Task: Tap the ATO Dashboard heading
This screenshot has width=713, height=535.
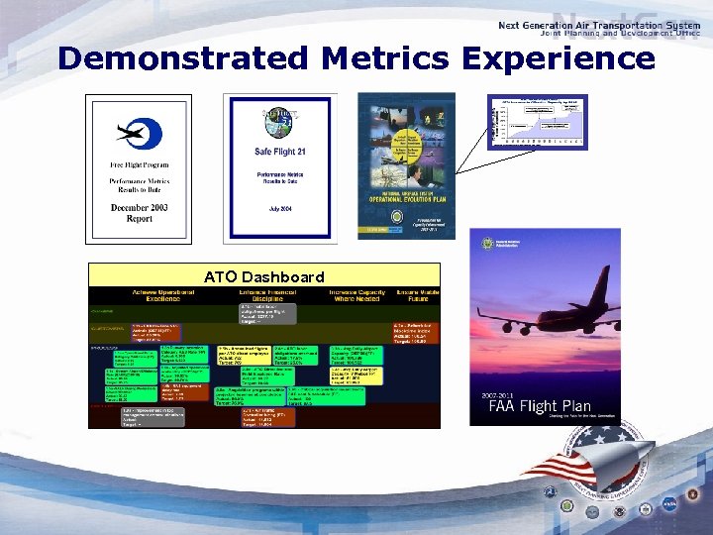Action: pyautogui.click(x=263, y=276)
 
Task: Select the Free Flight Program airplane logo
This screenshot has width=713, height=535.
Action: pyautogui.click(x=138, y=132)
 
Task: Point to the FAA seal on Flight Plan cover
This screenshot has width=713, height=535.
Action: pyautogui.click(x=486, y=244)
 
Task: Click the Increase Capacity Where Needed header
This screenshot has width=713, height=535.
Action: pyautogui.click(x=359, y=294)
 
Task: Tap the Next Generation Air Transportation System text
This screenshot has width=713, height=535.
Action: pyautogui.click(x=600, y=25)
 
